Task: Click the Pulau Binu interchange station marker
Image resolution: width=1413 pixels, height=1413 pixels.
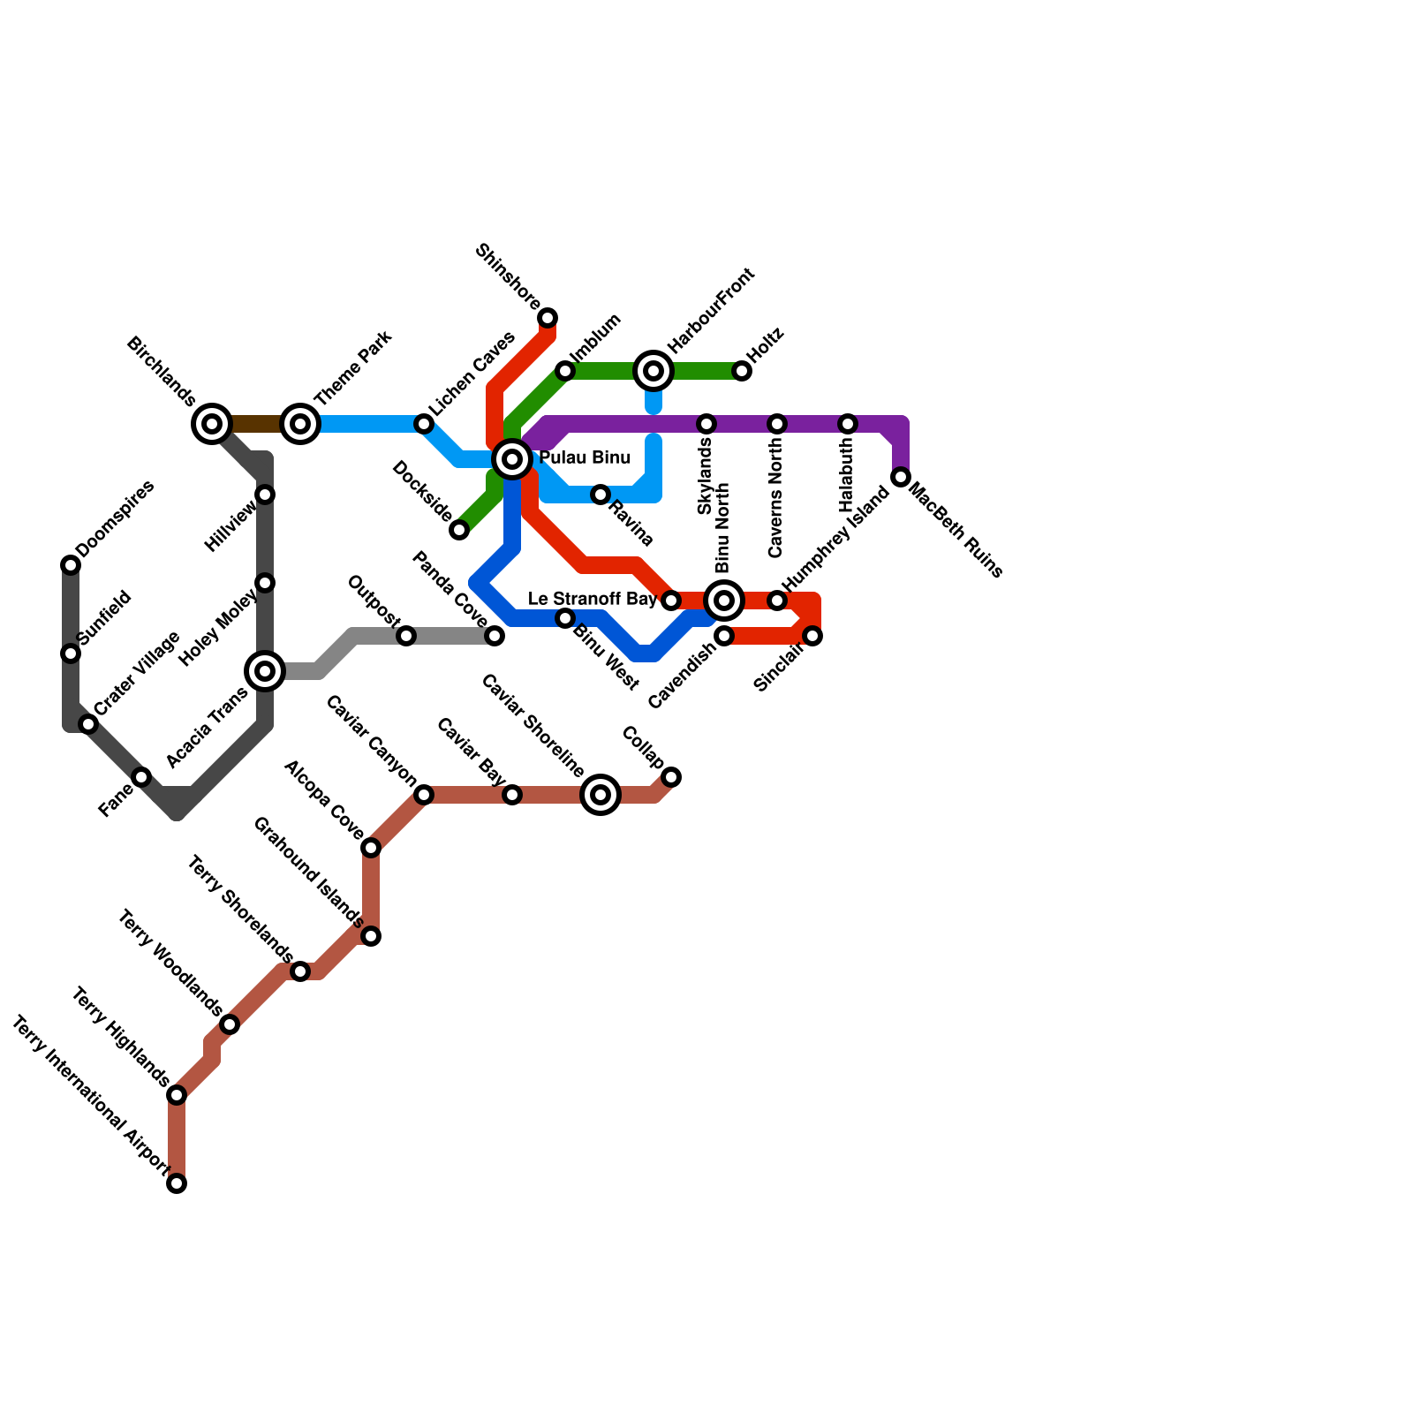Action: point(512,459)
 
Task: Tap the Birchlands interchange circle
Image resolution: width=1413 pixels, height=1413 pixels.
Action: point(212,424)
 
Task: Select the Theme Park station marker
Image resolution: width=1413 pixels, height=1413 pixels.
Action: point(300,424)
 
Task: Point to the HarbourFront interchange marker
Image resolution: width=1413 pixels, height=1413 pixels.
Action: point(654,371)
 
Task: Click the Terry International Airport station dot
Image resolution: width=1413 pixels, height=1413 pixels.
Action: point(177,1183)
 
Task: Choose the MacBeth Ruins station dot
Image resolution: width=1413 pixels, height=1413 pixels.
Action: point(901,477)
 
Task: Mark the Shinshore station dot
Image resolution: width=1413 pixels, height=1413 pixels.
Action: point(548,318)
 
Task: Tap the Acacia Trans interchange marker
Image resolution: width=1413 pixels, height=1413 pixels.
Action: point(265,671)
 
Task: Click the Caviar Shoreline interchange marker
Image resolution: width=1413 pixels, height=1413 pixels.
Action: point(601,795)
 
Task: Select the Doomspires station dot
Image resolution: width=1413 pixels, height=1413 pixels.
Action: point(71,565)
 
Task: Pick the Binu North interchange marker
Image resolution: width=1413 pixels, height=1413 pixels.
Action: point(724,601)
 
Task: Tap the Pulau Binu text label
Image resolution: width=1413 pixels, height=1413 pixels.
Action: point(585,458)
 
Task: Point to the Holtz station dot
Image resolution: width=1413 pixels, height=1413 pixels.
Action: point(742,371)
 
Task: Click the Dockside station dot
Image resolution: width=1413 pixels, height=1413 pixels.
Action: point(459,530)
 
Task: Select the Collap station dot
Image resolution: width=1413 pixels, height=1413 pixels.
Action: point(671,777)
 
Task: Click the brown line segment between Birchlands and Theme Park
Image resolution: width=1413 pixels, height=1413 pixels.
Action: point(256,424)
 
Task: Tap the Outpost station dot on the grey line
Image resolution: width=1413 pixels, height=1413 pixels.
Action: point(406,636)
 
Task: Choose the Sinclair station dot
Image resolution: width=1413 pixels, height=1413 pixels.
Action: point(812,636)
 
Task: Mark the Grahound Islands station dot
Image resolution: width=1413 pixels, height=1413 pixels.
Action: point(371,936)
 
